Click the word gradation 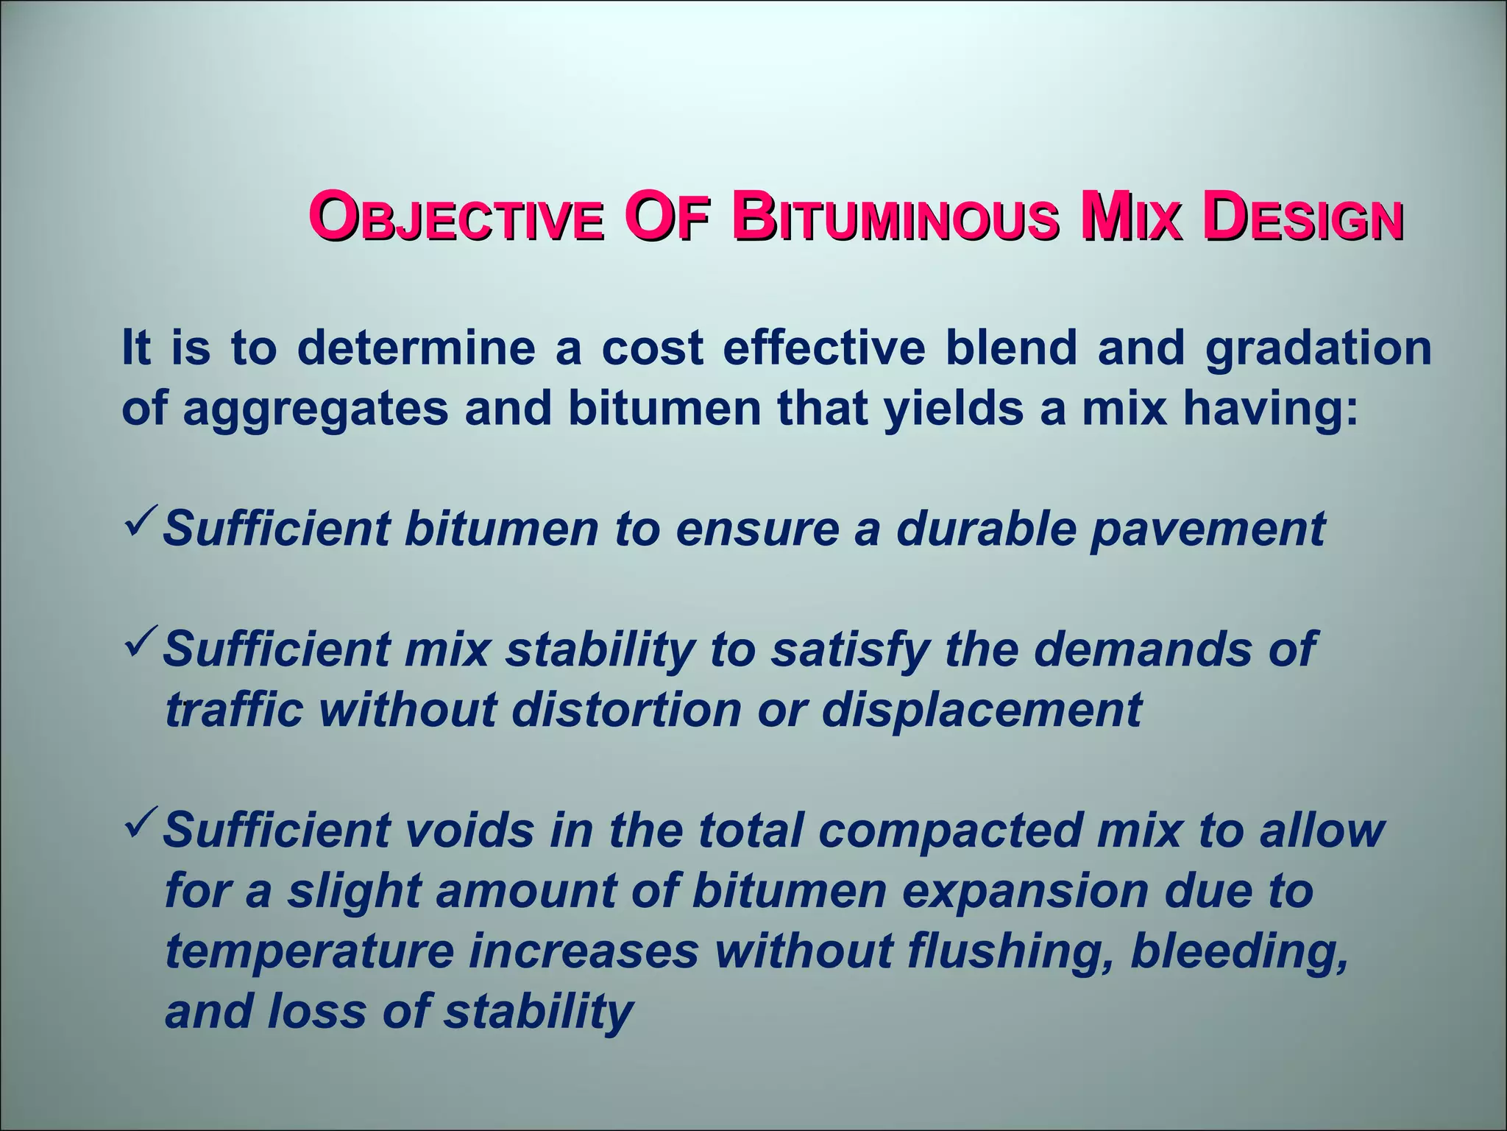pyautogui.click(x=1318, y=349)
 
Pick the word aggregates pyautogui.click(x=316, y=409)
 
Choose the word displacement pyautogui.click(x=982, y=711)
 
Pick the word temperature pyautogui.click(x=309, y=952)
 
